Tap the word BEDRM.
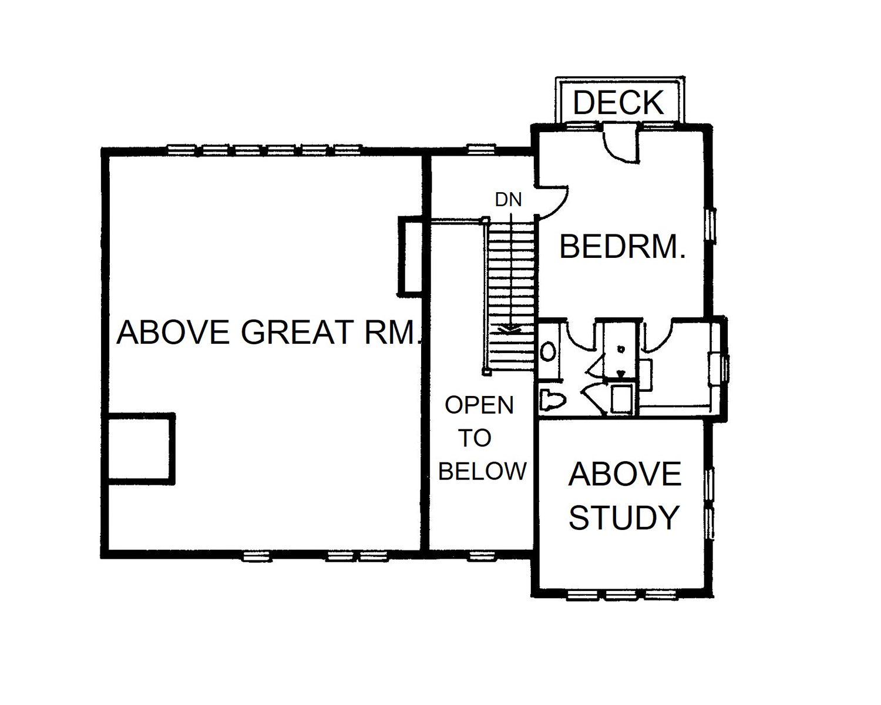tap(622, 247)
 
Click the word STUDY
tap(624, 518)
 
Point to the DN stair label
tap(508, 200)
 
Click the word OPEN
tap(479, 405)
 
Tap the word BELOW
tap(482, 471)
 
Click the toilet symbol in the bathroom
tap(552, 399)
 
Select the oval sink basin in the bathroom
tap(548, 352)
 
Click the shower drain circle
tap(621, 349)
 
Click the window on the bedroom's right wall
tap(712, 226)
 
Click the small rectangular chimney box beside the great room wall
tap(410, 255)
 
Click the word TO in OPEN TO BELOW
tap(475, 438)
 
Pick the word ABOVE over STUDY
tap(625, 474)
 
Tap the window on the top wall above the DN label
tap(482, 150)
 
